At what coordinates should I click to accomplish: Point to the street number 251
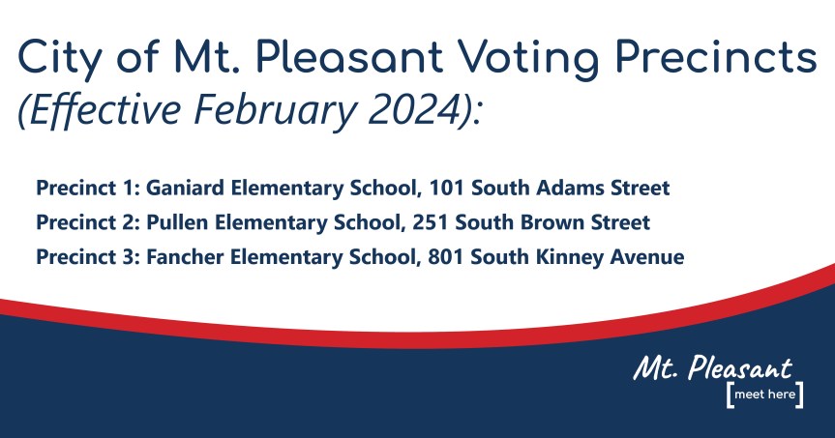click(x=431, y=222)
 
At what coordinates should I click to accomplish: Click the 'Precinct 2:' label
click(x=88, y=222)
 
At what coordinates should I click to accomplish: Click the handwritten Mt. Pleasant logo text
click(x=712, y=368)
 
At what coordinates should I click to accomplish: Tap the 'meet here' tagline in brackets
click(x=763, y=396)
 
